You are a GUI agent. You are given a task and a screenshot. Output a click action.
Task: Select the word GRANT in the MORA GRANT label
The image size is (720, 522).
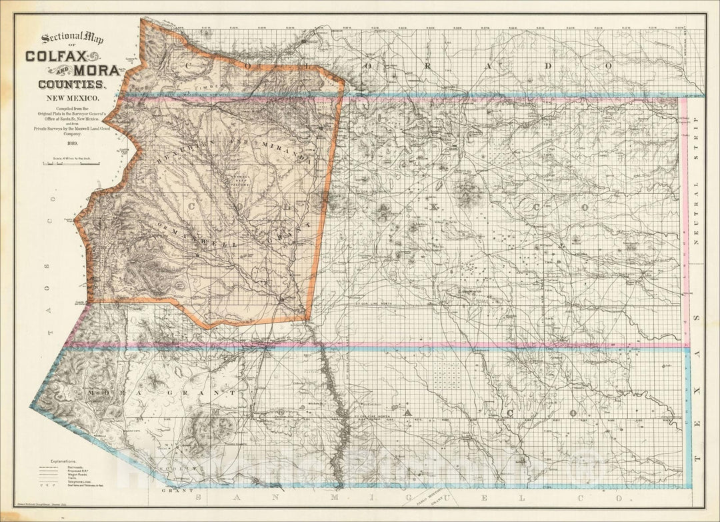tap(213, 394)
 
